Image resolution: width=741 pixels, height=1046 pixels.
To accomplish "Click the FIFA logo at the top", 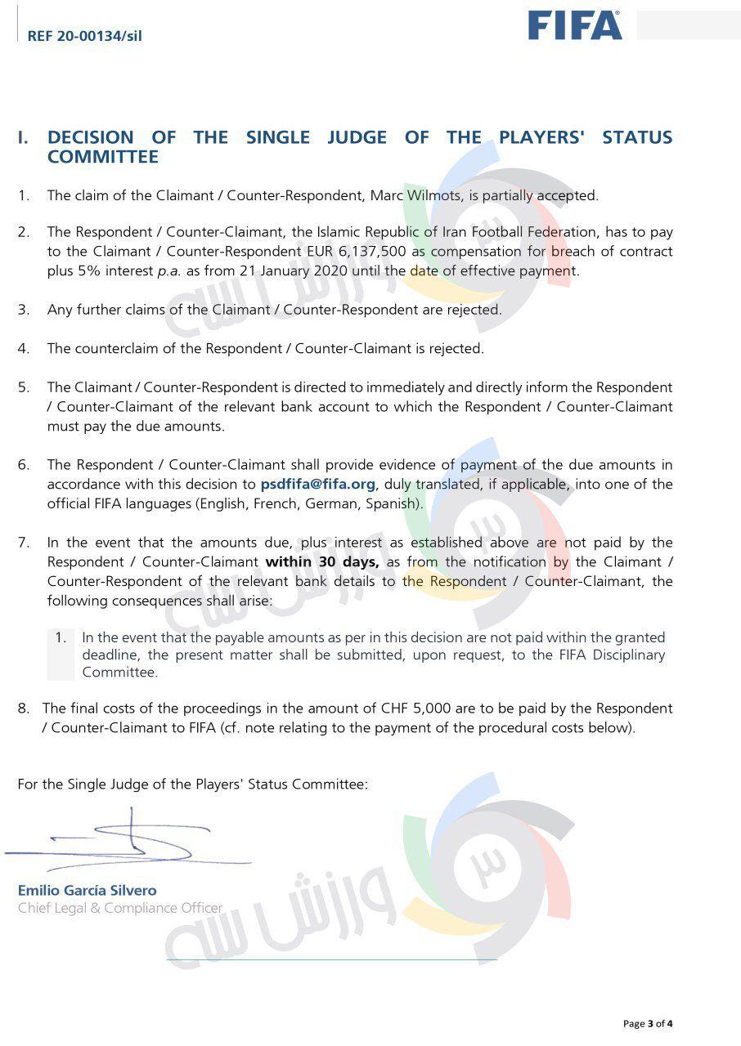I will pyautogui.click(x=574, y=25).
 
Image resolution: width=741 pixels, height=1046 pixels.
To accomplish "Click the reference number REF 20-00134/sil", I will pyautogui.click(x=84, y=36).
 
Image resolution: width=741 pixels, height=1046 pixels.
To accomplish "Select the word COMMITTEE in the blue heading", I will pyautogui.click(x=102, y=157).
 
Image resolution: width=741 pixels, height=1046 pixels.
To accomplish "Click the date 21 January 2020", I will pyautogui.click(x=271, y=271).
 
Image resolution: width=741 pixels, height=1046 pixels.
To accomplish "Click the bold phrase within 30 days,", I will pyautogui.click(x=321, y=561).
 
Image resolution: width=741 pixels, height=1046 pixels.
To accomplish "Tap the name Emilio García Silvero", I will pyautogui.click(x=87, y=890).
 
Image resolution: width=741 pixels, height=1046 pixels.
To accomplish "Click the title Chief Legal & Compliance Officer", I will pyautogui.click(x=120, y=908).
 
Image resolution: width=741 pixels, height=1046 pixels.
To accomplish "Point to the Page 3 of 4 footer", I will pyautogui.click(x=648, y=1023).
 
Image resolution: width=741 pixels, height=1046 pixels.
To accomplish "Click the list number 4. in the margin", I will pyautogui.click(x=24, y=348).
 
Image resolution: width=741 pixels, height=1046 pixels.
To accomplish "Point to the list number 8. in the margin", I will pyautogui.click(x=24, y=708).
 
